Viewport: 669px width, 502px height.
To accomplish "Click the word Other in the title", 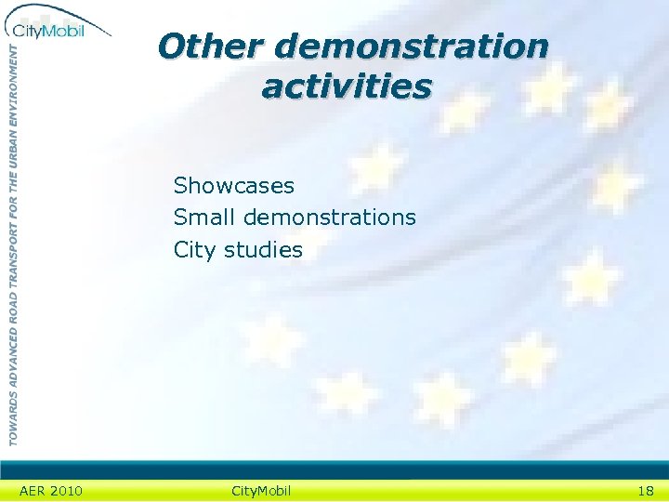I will pyautogui.click(x=211, y=46).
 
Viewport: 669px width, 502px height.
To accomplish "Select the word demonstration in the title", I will pyautogui.click(x=412, y=46).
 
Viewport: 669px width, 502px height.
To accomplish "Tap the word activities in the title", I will pyautogui.click(x=347, y=86).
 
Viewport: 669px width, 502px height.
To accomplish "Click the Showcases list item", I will pyautogui.click(x=234, y=186).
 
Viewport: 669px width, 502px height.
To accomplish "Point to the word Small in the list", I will pyautogui.click(x=204, y=218).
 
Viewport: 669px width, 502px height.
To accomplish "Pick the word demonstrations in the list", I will pyautogui.click(x=330, y=218).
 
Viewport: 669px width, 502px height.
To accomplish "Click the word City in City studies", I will pyautogui.click(x=192, y=250).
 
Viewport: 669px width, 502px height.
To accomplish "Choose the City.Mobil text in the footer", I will pyautogui.click(x=259, y=490).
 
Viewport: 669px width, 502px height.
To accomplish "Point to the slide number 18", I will pyautogui.click(x=645, y=490).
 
